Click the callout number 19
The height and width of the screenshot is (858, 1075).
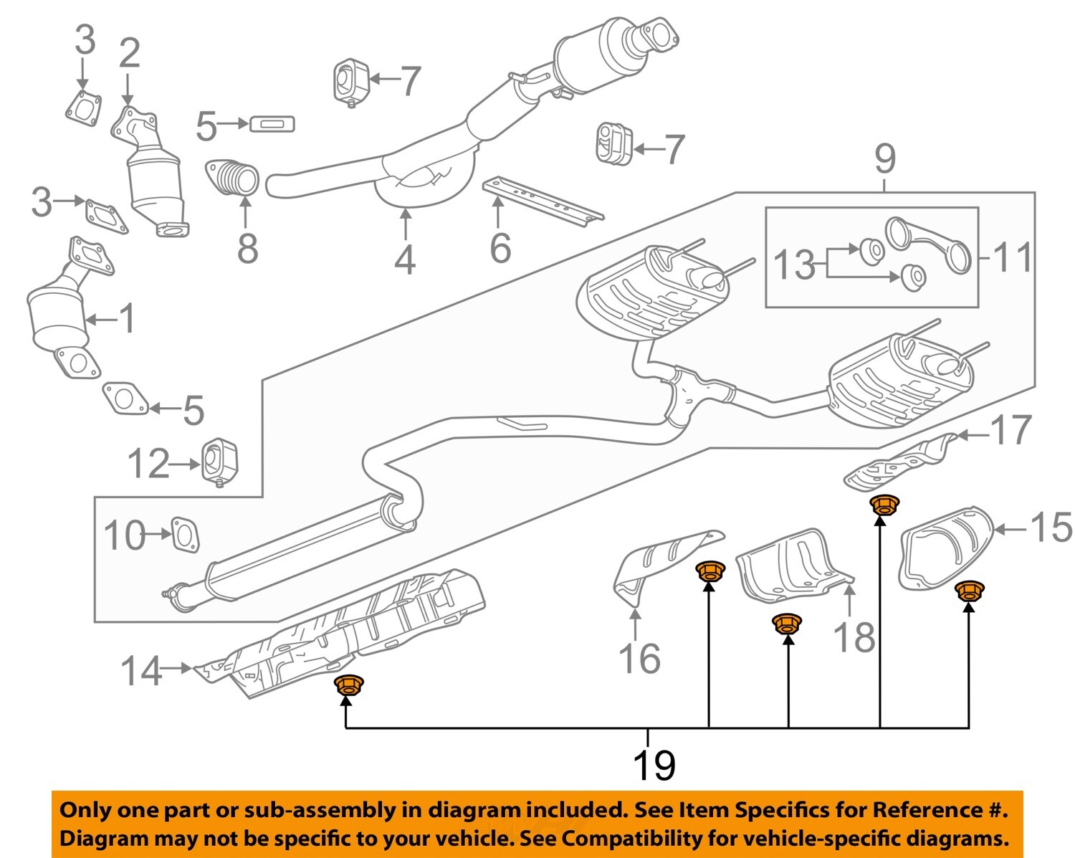[654, 765]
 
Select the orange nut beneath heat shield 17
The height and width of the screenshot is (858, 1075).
[884, 505]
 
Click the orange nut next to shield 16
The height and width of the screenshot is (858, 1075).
[709, 571]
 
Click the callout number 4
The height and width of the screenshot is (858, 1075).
[405, 259]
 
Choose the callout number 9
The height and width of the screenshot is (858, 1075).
[885, 158]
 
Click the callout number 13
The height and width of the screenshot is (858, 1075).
[795, 264]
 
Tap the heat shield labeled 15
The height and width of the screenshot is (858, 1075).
[947, 548]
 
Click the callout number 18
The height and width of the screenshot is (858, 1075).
[854, 637]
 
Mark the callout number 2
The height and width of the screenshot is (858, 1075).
[129, 54]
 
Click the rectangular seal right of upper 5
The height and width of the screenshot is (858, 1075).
[272, 125]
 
